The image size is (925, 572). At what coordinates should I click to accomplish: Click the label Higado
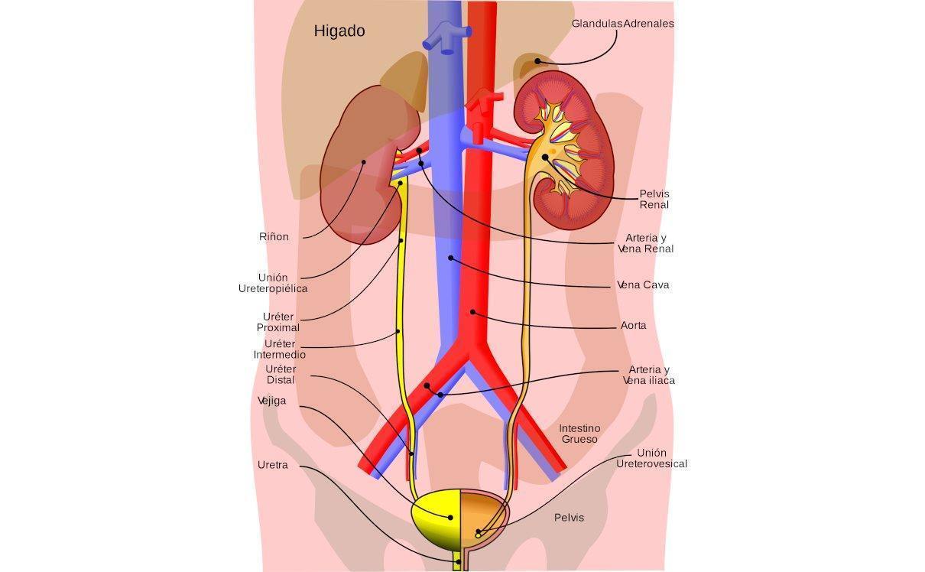pos(339,31)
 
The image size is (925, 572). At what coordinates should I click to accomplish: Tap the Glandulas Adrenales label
pos(622,24)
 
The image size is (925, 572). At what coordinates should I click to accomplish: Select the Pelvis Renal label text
pos(654,199)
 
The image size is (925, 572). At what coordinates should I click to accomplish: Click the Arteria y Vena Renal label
pos(645,243)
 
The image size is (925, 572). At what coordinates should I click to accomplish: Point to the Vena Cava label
pos(643,285)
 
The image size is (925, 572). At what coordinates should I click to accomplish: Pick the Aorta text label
pos(633,326)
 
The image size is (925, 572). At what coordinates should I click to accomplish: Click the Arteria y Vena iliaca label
pos(648,375)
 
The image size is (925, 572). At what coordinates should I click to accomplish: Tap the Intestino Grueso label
pos(579,434)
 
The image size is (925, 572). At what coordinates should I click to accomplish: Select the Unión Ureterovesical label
pos(651,458)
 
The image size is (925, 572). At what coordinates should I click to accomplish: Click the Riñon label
pos(274,237)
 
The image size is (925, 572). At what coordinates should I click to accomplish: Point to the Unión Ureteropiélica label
pos(273,283)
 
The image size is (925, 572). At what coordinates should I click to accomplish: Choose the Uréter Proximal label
pos(278,322)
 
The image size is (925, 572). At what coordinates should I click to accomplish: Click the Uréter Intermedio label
pos(280,349)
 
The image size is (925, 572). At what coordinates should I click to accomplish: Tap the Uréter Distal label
pos(280,375)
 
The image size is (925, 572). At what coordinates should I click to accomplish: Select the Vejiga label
pos(272,401)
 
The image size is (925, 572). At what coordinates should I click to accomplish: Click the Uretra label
pos(273,465)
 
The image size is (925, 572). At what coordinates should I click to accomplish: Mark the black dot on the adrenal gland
pos(537,61)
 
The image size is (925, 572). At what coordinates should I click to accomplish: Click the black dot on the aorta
pos(473,312)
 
